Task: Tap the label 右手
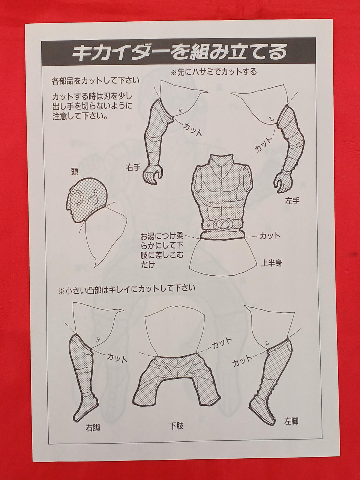(133, 168)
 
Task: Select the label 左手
(292, 201)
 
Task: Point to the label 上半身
(271, 263)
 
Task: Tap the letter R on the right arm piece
(180, 111)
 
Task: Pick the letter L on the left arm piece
(271, 119)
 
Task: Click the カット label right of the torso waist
(270, 236)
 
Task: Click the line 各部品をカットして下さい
(96, 81)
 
